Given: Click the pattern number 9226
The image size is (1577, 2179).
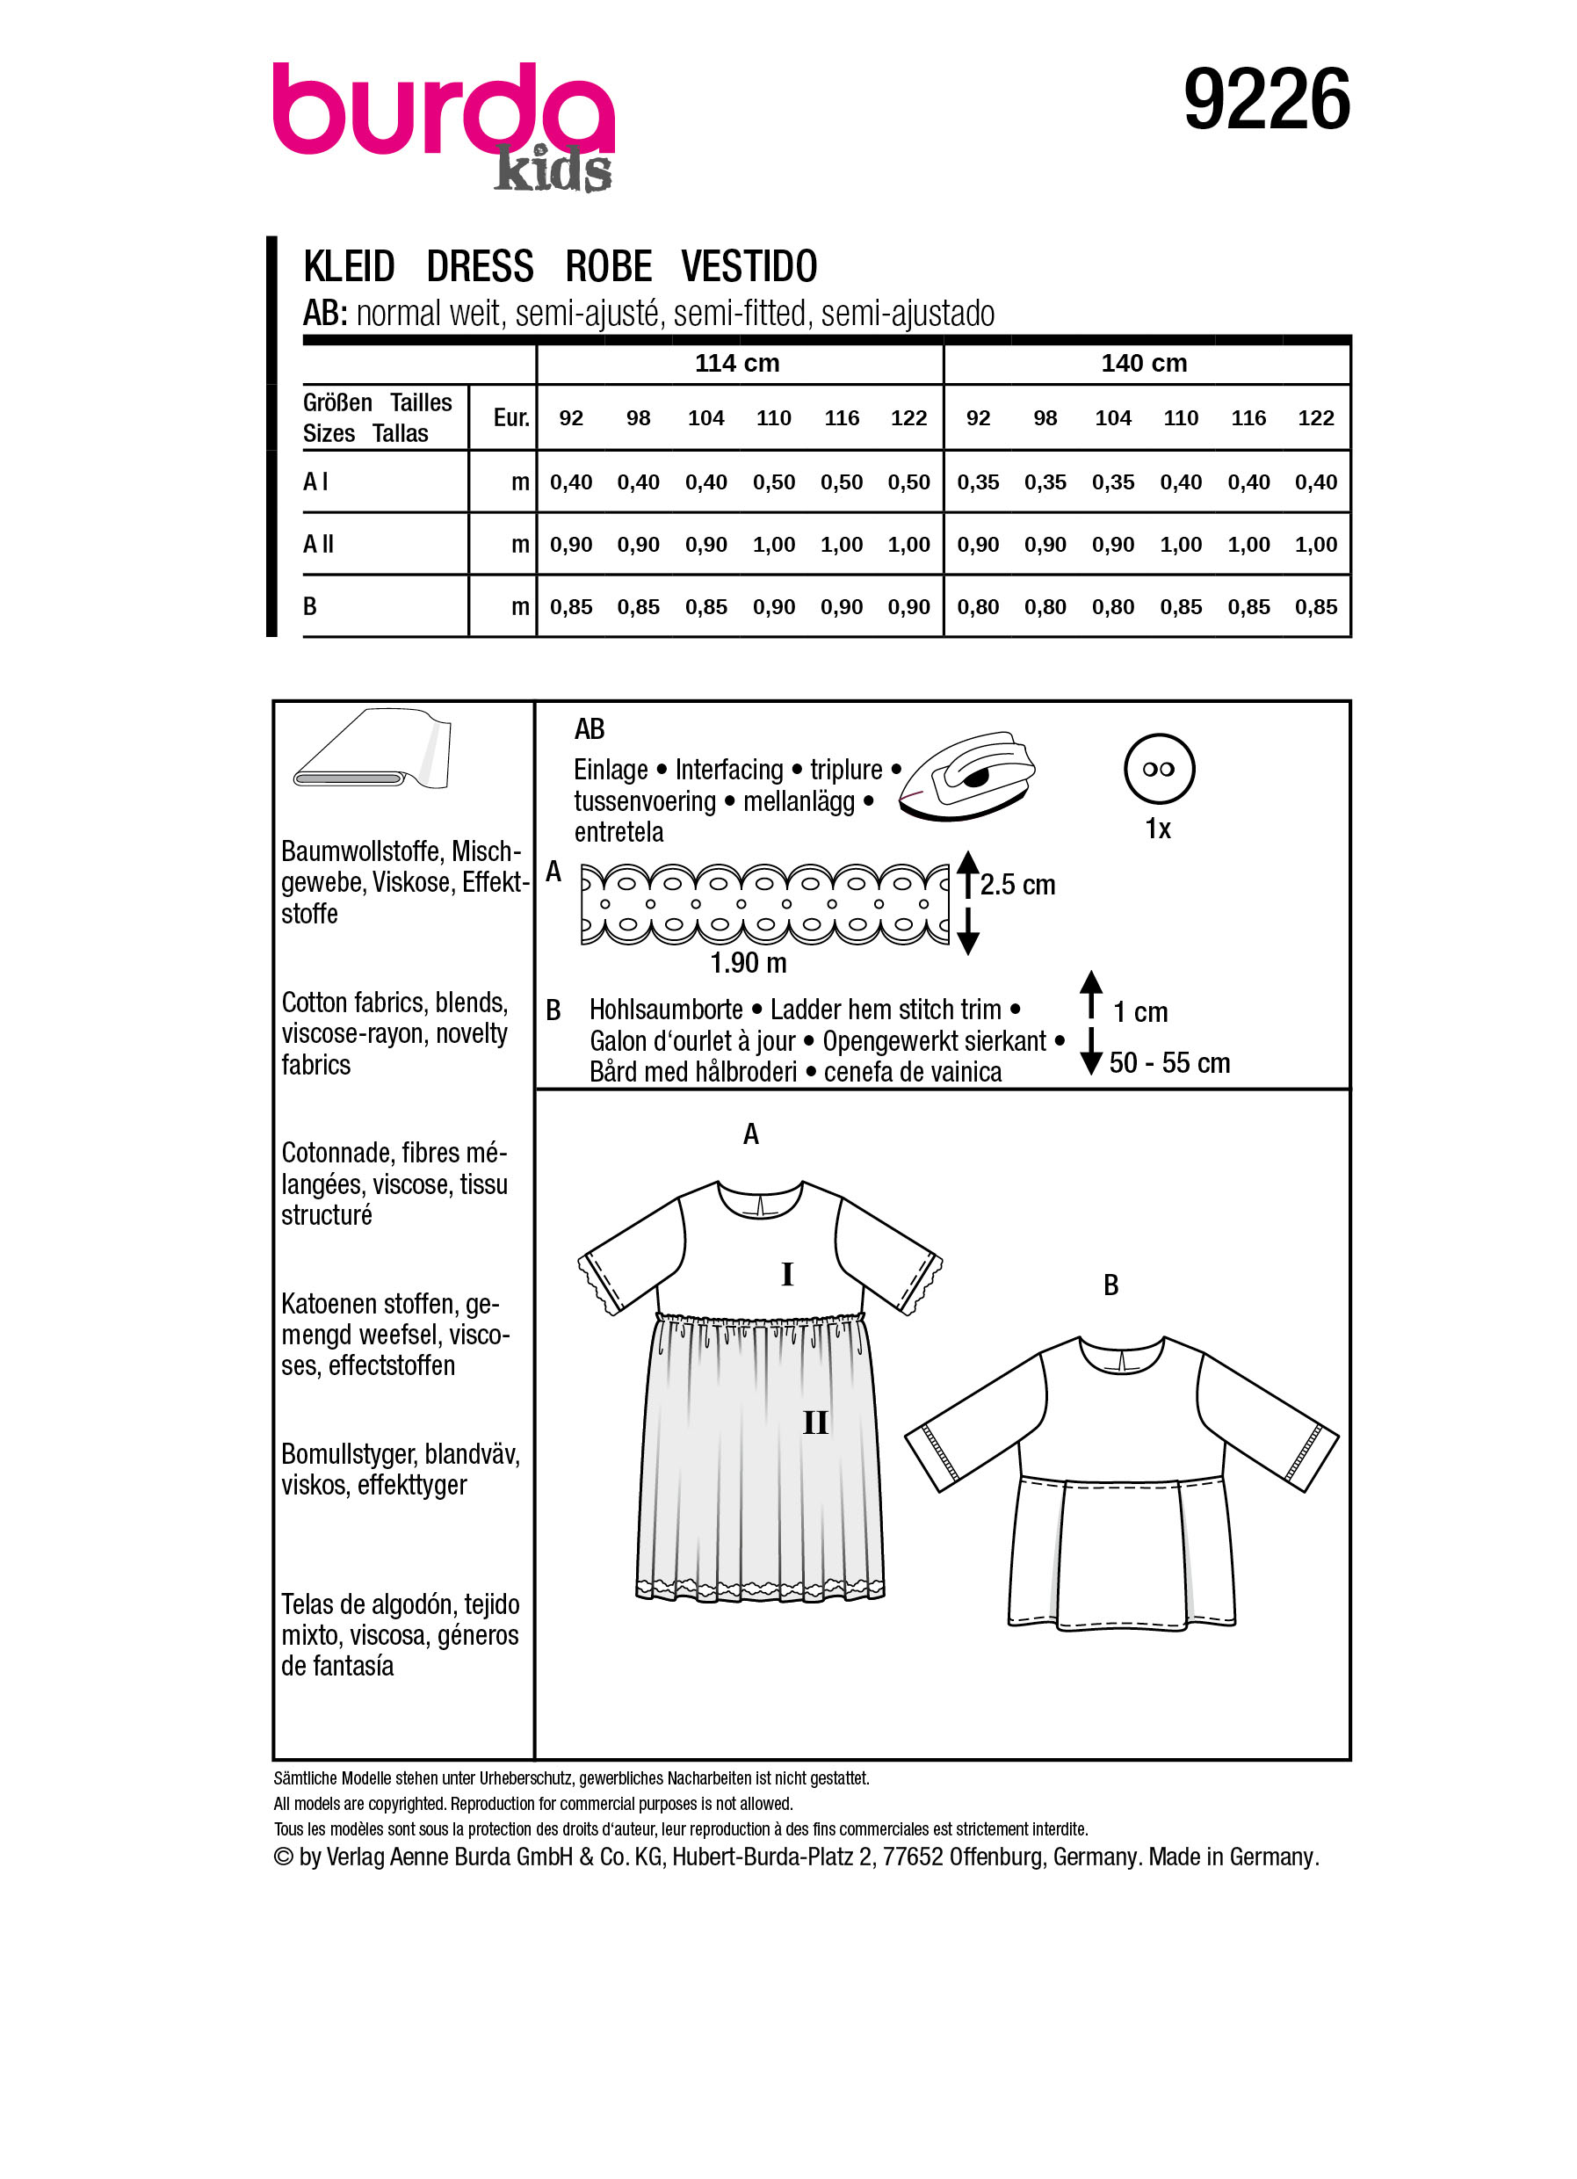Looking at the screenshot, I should click(1265, 100).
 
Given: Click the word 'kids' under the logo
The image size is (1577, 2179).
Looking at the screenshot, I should click(553, 170).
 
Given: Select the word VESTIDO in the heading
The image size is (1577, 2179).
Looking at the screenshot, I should click(749, 266).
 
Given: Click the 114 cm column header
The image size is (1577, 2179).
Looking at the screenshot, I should click(736, 363).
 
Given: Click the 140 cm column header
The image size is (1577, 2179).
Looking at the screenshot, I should click(1143, 363).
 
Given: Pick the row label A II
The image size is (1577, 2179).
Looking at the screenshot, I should click(319, 544).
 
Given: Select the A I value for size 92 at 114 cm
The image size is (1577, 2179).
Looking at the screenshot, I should click(570, 482).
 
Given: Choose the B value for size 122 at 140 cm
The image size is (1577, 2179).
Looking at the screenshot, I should click(1315, 607).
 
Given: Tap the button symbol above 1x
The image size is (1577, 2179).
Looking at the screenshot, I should click(1158, 769).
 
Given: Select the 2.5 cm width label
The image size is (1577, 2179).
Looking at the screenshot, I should click(1017, 885).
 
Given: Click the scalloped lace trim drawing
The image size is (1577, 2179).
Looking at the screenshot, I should click(763, 903).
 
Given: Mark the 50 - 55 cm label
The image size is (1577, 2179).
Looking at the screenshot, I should click(1168, 1062).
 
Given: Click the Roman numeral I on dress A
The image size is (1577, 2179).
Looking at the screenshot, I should click(786, 1274).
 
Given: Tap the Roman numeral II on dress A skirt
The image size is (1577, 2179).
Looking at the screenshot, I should click(814, 1423).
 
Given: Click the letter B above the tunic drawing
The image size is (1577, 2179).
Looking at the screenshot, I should click(1110, 1285).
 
